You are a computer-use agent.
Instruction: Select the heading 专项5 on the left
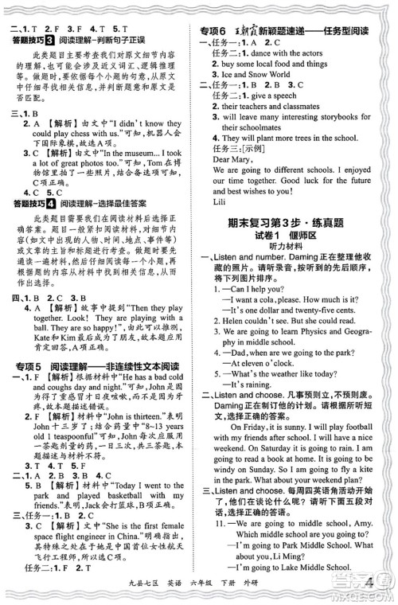coord(26,365)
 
